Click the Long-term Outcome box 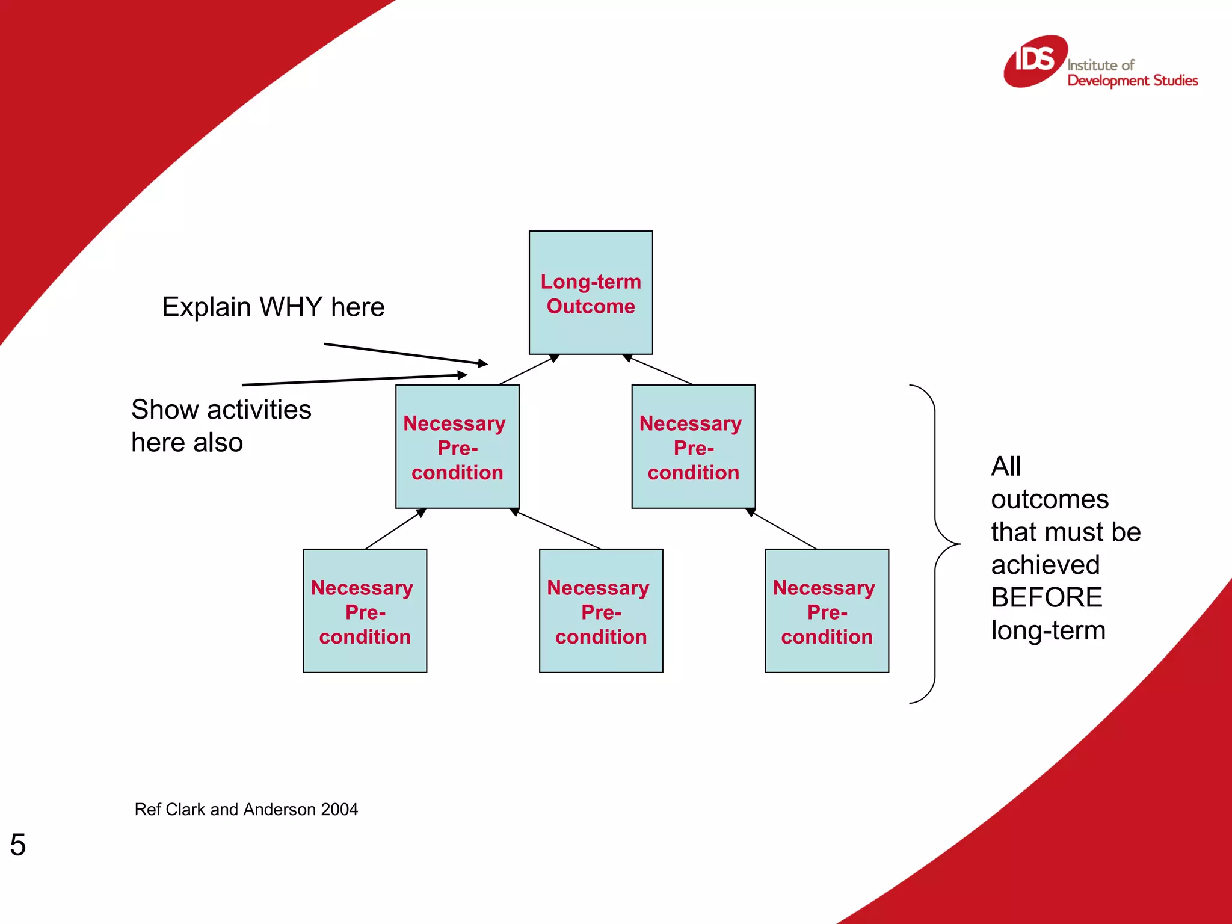click(x=591, y=293)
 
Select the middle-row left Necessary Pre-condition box click(x=457, y=447)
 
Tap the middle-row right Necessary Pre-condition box click(x=693, y=447)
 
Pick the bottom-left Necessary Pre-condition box click(x=365, y=611)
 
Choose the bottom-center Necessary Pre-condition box click(x=601, y=611)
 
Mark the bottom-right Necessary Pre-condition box click(x=827, y=611)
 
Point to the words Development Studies click(x=1132, y=81)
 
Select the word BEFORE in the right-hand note click(x=1046, y=597)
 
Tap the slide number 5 click(x=18, y=845)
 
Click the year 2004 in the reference click(x=339, y=810)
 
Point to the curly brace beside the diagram click(x=936, y=544)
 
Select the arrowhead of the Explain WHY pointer click(x=483, y=363)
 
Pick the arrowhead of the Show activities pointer click(x=463, y=375)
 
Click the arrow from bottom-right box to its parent click(x=782, y=529)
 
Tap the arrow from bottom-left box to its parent click(x=395, y=529)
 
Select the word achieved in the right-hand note click(x=1045, y=565)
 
